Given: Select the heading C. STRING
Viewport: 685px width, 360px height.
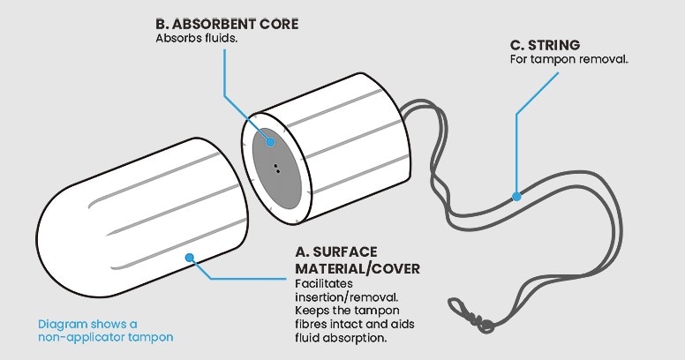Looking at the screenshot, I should click(x=545, y=44).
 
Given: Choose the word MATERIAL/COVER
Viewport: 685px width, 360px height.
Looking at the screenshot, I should click(x=358, y=267).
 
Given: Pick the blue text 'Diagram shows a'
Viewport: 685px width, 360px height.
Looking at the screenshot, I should click(x=87, y=323).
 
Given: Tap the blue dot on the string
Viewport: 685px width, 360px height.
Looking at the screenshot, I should click(x=516, y=196).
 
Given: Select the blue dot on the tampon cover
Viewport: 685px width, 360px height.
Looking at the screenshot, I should click(x=189, y=258).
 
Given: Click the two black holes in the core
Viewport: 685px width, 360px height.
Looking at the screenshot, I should click(x=277, y=168).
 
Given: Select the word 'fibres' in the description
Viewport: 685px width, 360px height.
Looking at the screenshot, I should click(x=313, y=325).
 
